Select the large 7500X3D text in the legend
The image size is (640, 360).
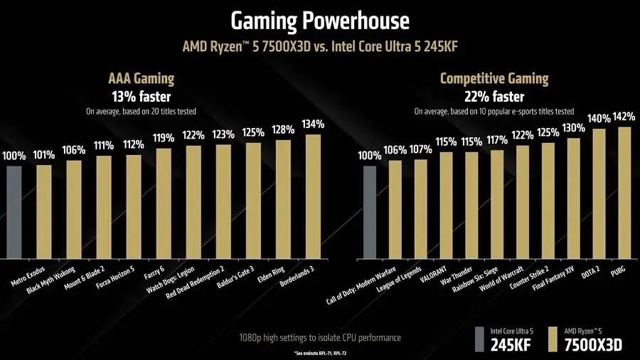pyautogui.click(x=593, y=344)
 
